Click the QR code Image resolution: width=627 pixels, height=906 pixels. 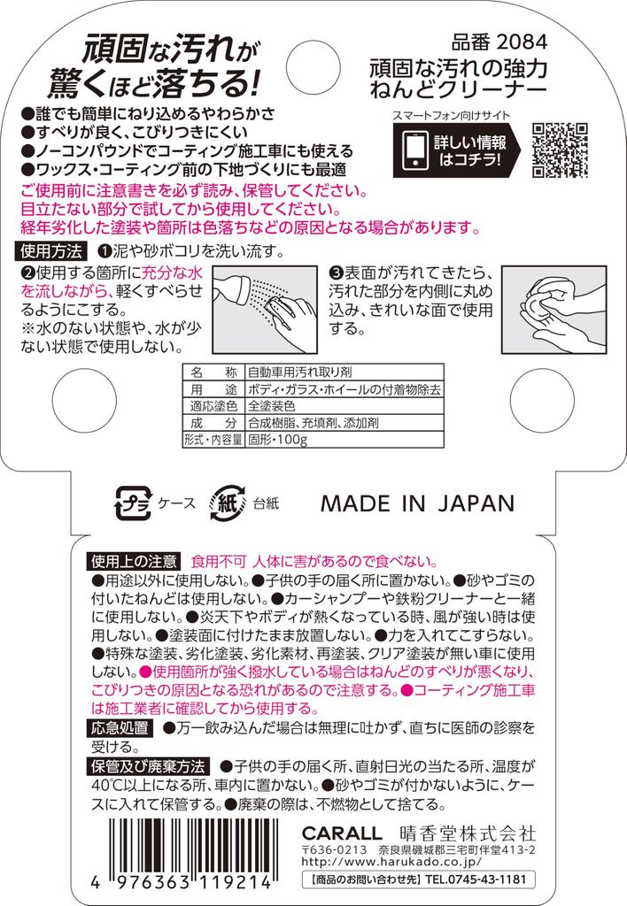point(560,150)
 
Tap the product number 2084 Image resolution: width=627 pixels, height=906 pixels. point(522,42)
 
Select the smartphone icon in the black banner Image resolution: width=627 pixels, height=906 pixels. point(415,150)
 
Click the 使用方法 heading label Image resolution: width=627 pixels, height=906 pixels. point(51,251)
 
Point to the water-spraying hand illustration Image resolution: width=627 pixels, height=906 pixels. point(265,309)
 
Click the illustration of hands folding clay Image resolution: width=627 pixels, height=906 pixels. point(554,309)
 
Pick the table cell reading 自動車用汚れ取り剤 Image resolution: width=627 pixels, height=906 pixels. point(300,372)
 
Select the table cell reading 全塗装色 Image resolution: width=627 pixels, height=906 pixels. point(272,405)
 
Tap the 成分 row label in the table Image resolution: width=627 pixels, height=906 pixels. point(213,423)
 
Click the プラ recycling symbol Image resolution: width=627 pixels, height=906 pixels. point(133,503)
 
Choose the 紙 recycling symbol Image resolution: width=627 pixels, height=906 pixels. point(228,503)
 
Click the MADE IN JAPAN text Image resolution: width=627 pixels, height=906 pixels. point(418,503)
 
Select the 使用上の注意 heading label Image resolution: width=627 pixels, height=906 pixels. point(134,561)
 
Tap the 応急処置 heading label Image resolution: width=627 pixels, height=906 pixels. point(120,728)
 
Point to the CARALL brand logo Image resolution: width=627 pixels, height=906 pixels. point(342,833)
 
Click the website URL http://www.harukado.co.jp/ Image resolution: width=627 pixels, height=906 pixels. point(391,862)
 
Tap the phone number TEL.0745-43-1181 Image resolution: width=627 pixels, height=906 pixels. point(476,879)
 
